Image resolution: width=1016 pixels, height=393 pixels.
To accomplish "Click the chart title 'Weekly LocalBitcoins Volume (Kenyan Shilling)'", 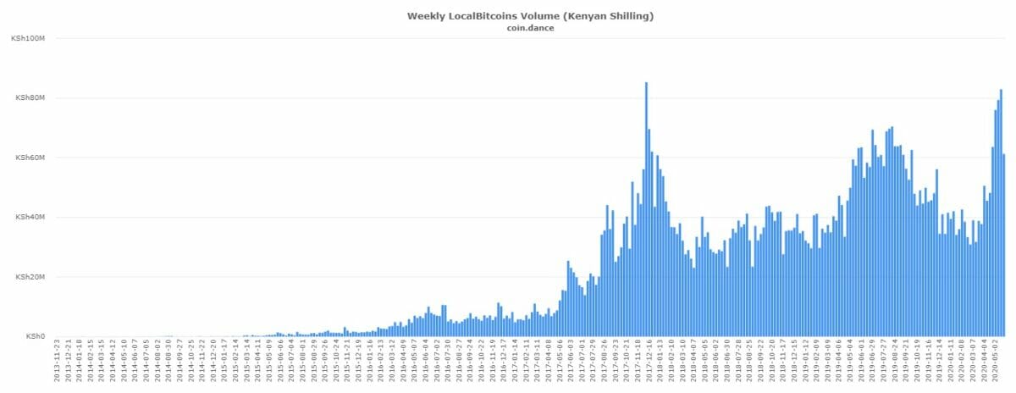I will pos(507,15).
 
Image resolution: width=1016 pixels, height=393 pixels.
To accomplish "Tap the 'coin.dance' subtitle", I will pos(507,27).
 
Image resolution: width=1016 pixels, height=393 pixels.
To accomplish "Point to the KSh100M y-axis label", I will pos(29,39).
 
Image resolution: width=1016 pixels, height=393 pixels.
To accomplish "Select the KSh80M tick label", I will pos(30,98).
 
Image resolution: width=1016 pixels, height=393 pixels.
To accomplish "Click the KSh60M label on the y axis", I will pos(30,158).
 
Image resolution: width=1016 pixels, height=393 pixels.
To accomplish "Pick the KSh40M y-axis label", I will pos(30,218).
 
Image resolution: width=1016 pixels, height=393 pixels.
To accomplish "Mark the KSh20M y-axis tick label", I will pos(30,277).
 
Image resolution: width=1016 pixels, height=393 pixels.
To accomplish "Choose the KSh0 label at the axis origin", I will pos(35,336).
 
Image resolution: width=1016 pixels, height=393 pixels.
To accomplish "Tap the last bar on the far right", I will pos(1004,246).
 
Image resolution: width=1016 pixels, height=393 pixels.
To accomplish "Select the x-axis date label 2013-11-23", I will pos(58,363).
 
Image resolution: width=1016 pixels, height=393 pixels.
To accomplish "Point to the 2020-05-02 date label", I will pos(997,363).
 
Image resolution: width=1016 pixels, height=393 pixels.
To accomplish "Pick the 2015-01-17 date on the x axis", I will pos(224,363).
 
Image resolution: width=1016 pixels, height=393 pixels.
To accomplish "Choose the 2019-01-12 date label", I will pos(805,363).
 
